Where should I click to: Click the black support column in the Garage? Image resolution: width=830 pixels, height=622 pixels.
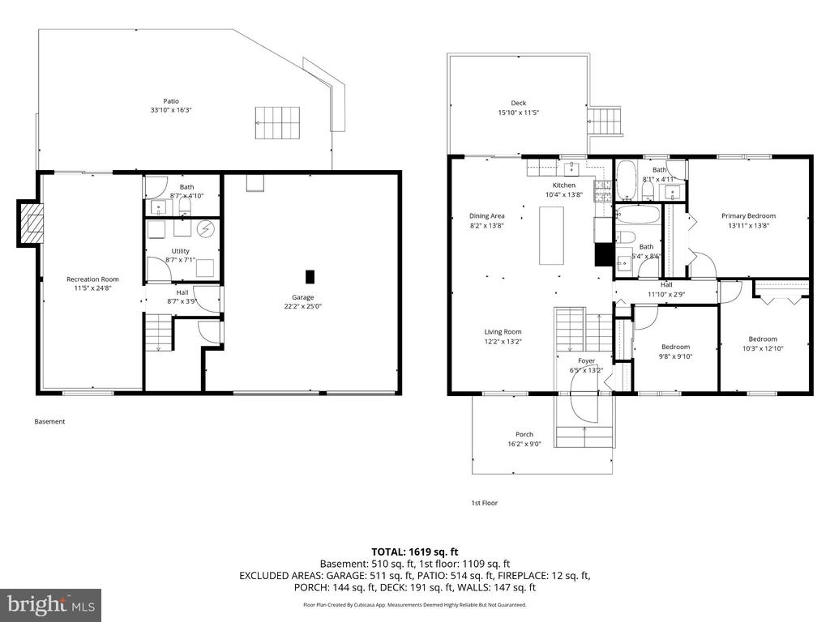[x=310, y=275]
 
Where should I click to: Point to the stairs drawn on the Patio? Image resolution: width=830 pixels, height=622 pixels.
[x=277, y=122]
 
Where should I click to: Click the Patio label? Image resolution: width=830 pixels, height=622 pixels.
[x=170, y=101]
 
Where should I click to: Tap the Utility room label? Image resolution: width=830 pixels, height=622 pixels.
[x=180, y=252]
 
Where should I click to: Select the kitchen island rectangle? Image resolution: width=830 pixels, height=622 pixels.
[x=553, y=236]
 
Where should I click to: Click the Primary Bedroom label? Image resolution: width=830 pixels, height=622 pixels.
[x=748, y=216]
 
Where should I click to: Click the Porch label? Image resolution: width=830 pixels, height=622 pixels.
[x=524, y=434]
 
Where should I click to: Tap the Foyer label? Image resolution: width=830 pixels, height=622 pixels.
[x=586, y=361]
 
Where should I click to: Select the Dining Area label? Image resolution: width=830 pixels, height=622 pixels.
[x=486, y=216]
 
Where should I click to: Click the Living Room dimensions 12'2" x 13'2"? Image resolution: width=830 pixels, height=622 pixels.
[x=503, y=342]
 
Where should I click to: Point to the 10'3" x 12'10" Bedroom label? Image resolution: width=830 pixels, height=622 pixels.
[x=762, y=339]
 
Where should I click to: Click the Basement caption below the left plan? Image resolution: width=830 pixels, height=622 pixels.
[x=49, y=421]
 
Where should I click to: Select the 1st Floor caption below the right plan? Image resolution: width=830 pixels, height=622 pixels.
[x=484, y=503]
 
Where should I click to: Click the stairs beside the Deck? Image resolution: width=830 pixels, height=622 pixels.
[x=604, y=122]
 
